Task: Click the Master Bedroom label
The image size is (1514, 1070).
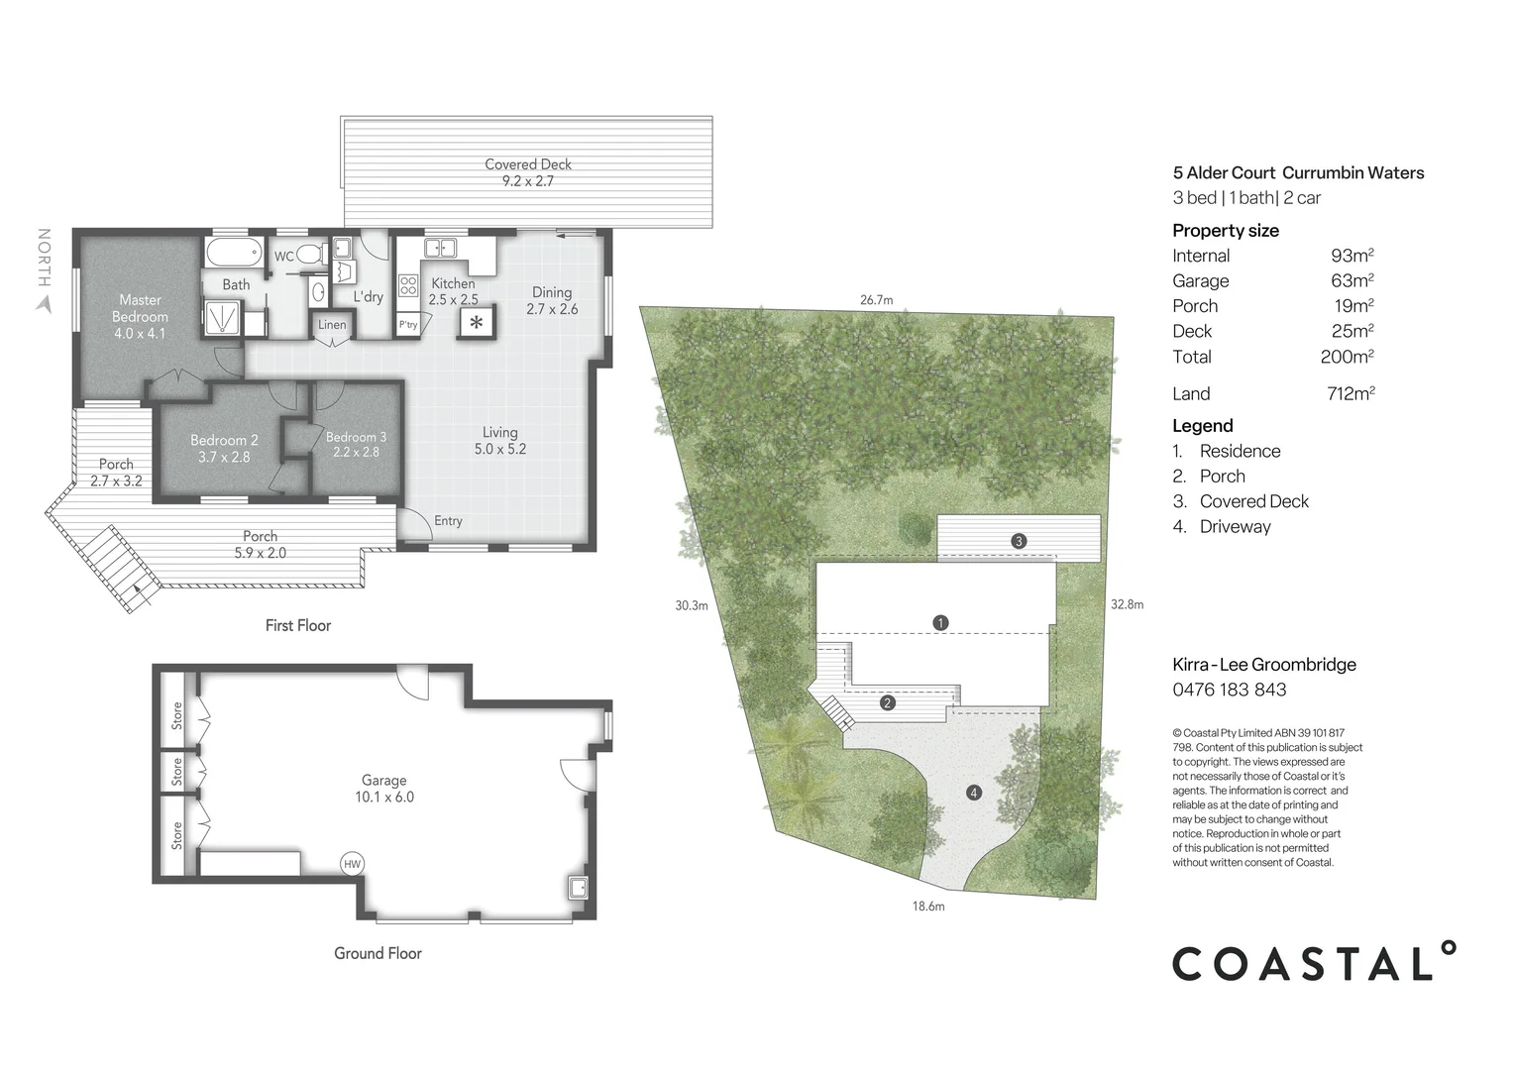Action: click(140, 316)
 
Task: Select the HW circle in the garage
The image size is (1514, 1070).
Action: click(352, 864)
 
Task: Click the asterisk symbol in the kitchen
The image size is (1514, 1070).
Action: click(477, 322)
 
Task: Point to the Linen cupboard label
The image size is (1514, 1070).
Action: click(332, 325)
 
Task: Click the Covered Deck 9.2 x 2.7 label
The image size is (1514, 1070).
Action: click(527, 172)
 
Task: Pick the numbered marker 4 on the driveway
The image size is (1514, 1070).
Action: click(974, 793)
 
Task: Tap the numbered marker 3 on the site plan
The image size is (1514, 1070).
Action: click(1018, 541)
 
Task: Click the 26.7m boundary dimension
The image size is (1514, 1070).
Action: click(876, 299)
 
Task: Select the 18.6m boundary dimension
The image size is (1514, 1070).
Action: click(927, 906)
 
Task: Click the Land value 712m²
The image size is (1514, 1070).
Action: click(1351, 393)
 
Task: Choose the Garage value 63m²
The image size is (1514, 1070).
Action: click(1352, 281)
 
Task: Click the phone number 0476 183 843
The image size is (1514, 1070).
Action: click(1229, 690)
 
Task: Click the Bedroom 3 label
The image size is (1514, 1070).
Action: click(356, 444)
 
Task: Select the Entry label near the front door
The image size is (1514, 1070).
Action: click(448, 521)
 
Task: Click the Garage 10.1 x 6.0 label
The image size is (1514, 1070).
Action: click(383, 789)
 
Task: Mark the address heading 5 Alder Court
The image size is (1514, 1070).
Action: click(1297, 172)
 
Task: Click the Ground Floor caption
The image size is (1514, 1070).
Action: click(378, 953)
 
